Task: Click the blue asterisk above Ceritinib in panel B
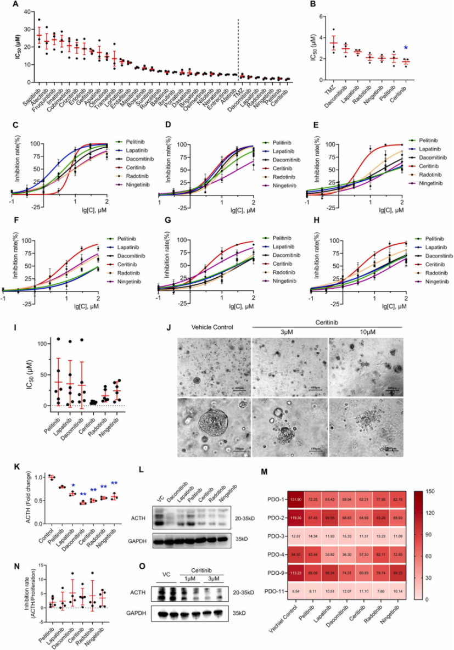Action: click(x=406, y=48)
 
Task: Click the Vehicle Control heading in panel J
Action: click(x=212, y=327)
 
